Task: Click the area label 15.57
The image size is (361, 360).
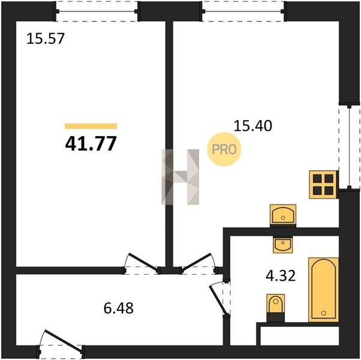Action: pyautogui.click(x=46, y=38)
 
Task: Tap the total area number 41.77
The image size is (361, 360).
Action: pyautogui.click(x=91, y=143)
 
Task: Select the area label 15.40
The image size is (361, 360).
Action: pyautogui.click(x=253, y=126)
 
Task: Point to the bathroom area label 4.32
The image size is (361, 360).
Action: pyautogui.click(x=281, y=276)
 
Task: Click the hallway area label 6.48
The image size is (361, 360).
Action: pyautogui.click(x=119, y=308)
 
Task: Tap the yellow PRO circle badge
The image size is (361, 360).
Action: pyautogui.click(x=224, y=149)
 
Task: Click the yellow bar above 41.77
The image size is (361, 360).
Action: pyautogui.click(x=91, y=126)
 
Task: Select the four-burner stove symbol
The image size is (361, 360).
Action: pyautogui.click(x=323, y=184)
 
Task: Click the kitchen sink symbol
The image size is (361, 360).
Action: pyautogui.click(x=283, y=214)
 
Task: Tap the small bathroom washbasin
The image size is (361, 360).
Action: pyautogui.click(x=283, y=245)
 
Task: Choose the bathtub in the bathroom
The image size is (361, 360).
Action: pyautogui.click(x=323, y=290)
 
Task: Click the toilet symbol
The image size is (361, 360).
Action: pyautogui.click(x=276, y=307)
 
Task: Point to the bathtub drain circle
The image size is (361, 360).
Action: pyautogui.click(x=324, y=313)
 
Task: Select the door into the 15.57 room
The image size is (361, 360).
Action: pyautogui.click(x=141, y=264)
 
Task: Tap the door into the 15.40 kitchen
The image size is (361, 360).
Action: pyautogui.click(x=198, y=264)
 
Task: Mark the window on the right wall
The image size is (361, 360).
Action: pyautogui.click(x=349, y=148)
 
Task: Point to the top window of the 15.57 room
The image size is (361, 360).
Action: pyautogui.click(x=97, y=11)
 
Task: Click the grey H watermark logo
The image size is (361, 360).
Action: pyautogui.click(x=180, y=177)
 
